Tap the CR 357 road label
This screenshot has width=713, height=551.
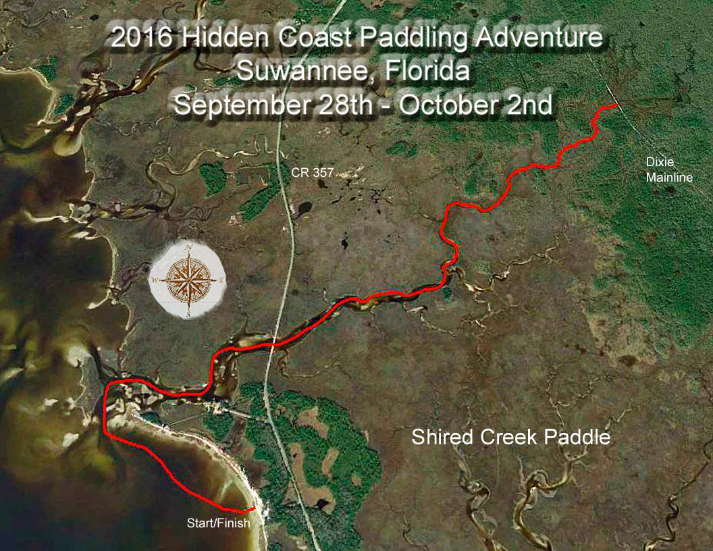312,173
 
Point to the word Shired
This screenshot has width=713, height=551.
443,437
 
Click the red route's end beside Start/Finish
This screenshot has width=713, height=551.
253,508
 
